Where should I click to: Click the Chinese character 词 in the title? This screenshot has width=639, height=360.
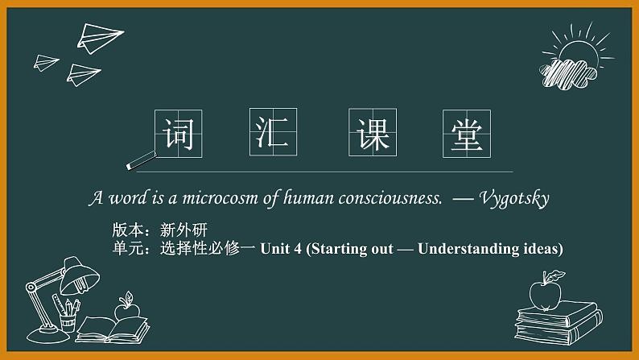click(178, 133)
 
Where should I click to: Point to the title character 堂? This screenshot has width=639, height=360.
click(466, 133)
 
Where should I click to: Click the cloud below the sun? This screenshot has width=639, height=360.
click(567, 73)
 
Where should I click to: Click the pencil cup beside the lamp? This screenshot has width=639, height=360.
click(68, 317)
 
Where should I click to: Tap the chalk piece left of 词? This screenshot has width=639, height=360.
click(142, 160)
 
